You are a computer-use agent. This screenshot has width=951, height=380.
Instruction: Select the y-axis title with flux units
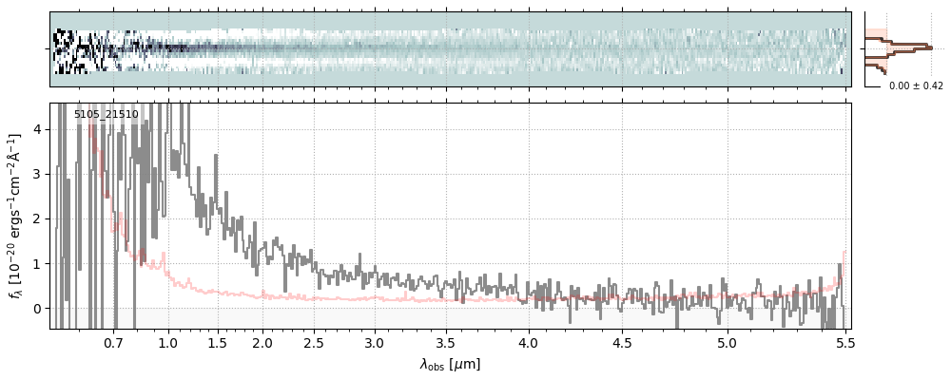point(15,216)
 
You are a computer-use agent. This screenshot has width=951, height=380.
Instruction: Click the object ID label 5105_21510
point(107,115)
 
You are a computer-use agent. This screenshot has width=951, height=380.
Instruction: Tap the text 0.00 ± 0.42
point(916,86)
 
